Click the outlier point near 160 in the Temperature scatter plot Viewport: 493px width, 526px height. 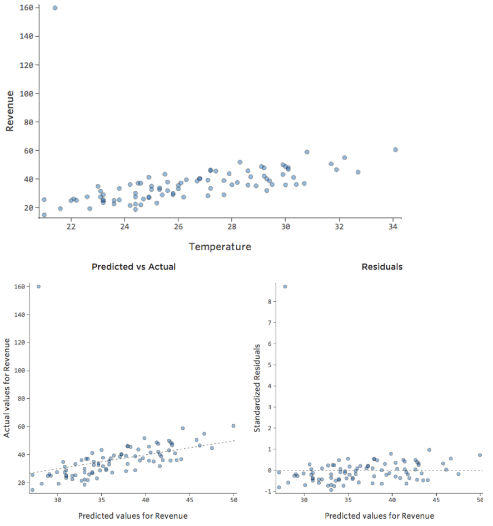[54, 8]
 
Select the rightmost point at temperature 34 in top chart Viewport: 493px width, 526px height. [395, 150]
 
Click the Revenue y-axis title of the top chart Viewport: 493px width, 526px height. [9, 111]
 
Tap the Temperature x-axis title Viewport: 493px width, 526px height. [220, 246]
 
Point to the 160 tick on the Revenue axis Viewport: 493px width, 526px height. [26, 8]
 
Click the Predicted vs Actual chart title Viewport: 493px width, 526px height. [133, 267]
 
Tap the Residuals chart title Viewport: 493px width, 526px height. [382, 267]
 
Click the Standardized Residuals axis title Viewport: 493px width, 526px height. [257, 388]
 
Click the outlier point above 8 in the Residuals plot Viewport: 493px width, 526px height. [285, 286]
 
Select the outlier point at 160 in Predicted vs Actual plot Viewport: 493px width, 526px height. [38, 286]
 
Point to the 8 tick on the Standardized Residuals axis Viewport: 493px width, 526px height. [270, 302]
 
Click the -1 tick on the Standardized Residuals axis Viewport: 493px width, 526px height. [268, 492]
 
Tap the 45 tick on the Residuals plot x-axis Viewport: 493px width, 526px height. [436, 500]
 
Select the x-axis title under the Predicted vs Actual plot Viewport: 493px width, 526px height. [133, 516]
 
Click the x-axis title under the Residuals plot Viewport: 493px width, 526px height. [379, 516]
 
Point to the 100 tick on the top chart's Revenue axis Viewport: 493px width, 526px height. [26, 93]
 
